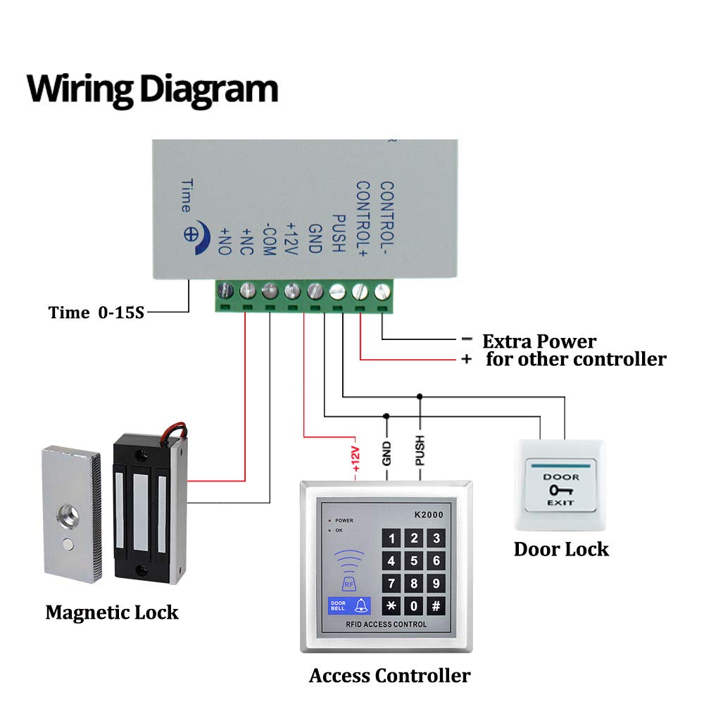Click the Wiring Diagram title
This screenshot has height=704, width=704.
[152, 89]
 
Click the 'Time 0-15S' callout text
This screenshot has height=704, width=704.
[96, 313]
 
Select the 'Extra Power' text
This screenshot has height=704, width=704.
[539, 342]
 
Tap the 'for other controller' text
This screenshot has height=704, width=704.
[575, 360]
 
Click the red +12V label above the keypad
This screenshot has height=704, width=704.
[356, 458]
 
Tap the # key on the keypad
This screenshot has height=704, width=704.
[436, 606]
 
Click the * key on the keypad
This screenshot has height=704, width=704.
[392, 606]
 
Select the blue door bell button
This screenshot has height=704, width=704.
[348, 605]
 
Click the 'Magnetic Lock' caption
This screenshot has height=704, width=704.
[112, 612]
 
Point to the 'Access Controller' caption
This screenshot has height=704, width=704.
[389, 676]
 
